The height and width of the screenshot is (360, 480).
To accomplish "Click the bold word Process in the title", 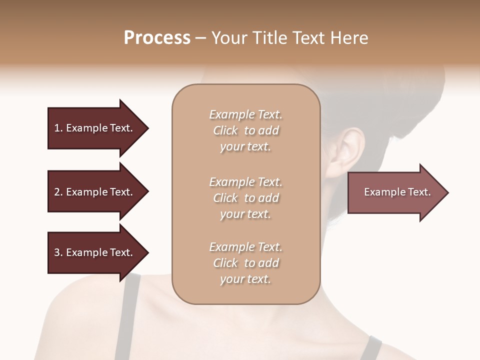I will click(157, 38).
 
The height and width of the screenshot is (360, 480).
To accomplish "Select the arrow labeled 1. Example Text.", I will click(95, 128).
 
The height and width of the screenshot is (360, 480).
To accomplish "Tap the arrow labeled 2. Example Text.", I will click(95, 192).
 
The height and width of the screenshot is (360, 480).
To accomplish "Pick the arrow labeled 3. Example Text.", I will click(95, 252).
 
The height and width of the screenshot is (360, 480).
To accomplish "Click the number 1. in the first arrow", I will click(58, 128).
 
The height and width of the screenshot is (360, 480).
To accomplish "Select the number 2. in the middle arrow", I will click(58, 192).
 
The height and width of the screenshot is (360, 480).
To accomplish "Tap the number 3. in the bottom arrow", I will click(58, 252).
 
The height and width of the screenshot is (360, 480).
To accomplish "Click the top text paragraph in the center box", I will click(245, 130).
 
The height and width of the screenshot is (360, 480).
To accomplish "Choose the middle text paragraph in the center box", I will click(245, 198).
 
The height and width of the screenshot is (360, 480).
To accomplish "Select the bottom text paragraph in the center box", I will click(245, 263).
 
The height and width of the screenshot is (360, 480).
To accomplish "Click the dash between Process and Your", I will click(201, 38).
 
